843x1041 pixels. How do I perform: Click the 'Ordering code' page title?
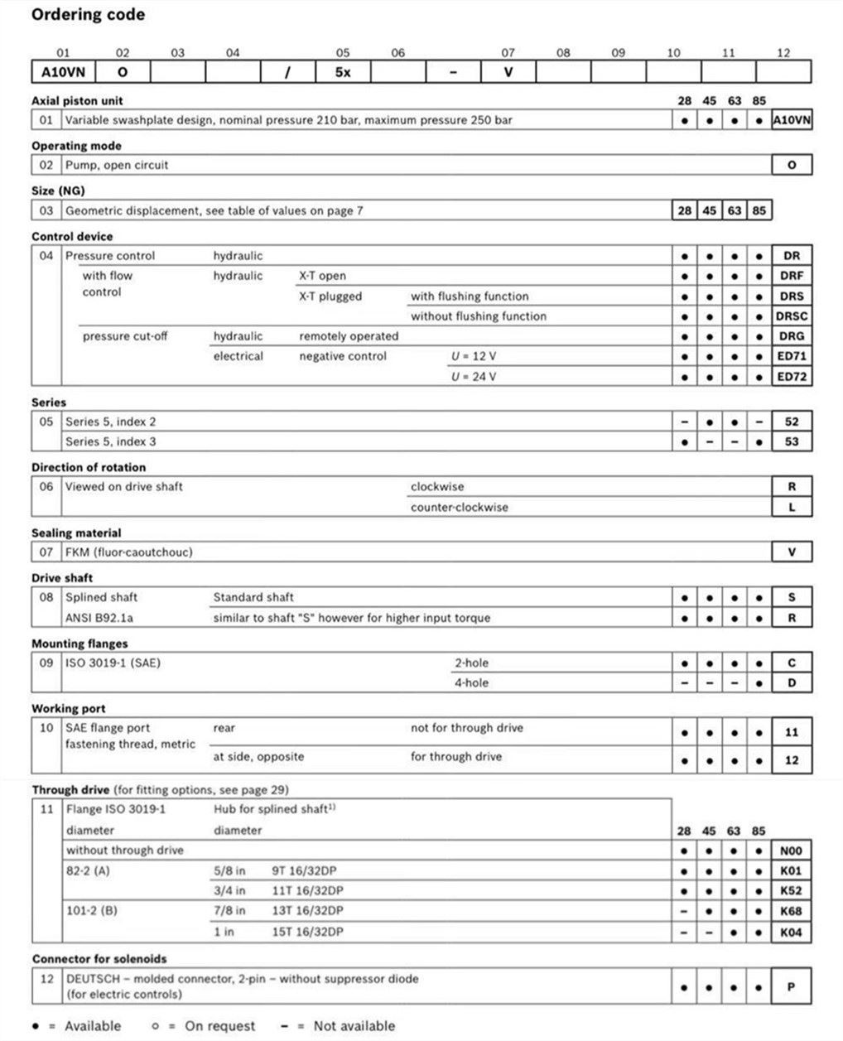(x=88, y=15)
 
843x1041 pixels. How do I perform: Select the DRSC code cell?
(x=791, y=316)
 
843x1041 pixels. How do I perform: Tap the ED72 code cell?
(x=791, y=377)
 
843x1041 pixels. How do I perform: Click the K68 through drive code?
(x=791, y=911)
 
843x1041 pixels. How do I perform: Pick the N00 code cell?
(x=791, y=851)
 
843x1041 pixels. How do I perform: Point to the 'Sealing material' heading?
(x=76, y=533)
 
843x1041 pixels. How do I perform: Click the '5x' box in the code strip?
(x=343, y=72)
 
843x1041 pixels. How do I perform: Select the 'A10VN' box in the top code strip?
(x=63, y=72)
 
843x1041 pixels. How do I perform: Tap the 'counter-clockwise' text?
(x=460, y=507)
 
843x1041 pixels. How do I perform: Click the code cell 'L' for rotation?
(x=791, y=507)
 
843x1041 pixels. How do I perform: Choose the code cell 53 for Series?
(x=791, y=441)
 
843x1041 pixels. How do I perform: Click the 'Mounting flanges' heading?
(x=79, y=643)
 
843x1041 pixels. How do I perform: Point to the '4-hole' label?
(x=471, y=683)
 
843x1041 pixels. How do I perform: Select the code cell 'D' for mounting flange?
(x=791, y=683)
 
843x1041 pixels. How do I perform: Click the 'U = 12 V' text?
(x=474, y=356)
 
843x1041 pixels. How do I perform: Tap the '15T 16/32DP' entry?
(x=307, y=932)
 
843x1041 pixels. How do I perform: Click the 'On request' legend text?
(x=219, y=1026)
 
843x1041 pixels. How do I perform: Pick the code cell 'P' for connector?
(x=791, y=986)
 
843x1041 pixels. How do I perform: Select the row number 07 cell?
(x=46, y=552)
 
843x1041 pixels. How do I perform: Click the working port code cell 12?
(x=791, y=759)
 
